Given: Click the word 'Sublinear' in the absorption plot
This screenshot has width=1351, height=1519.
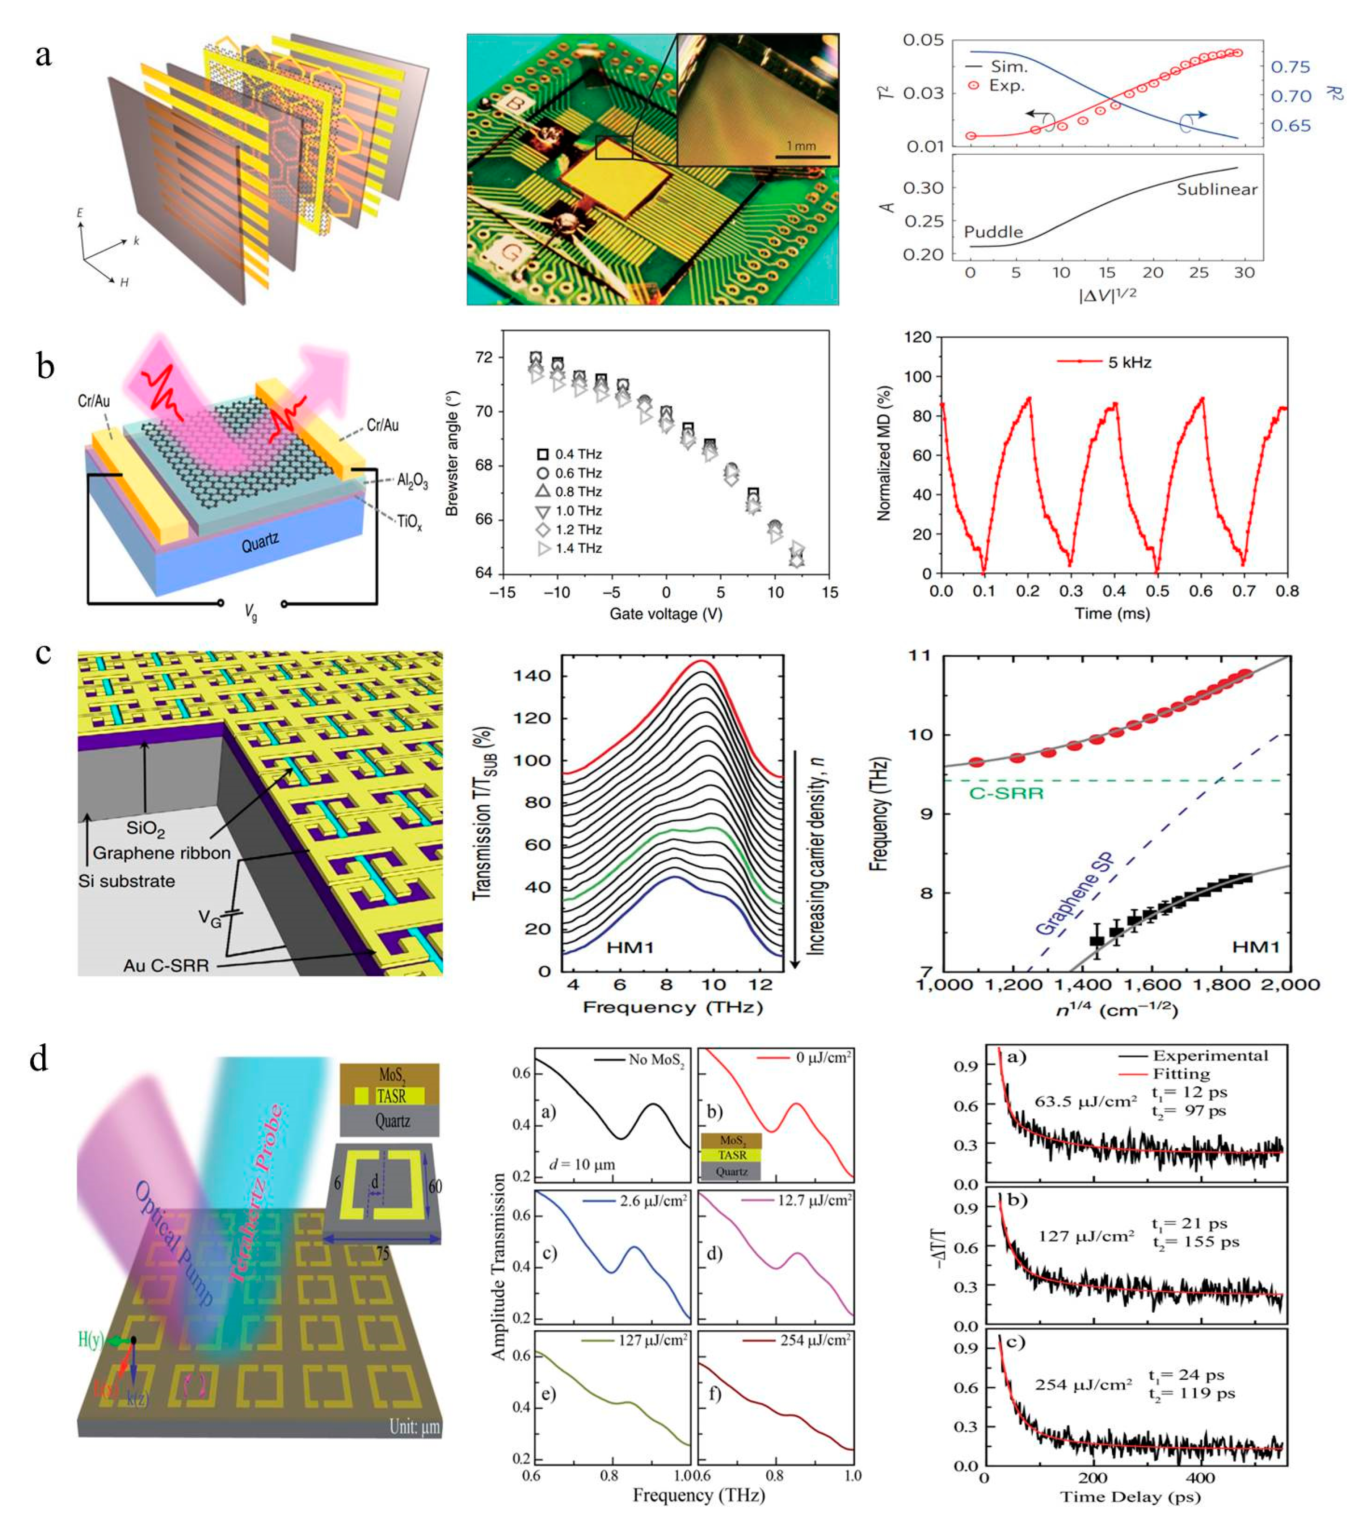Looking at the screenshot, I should point(1216,190).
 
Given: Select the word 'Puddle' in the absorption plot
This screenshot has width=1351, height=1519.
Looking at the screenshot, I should point(993,232).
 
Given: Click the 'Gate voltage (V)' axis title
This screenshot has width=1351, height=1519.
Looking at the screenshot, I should point(666,614).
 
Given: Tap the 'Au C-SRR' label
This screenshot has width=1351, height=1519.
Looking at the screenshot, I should point(167,965).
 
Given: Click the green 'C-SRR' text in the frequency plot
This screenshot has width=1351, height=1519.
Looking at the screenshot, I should point(1006,793).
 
